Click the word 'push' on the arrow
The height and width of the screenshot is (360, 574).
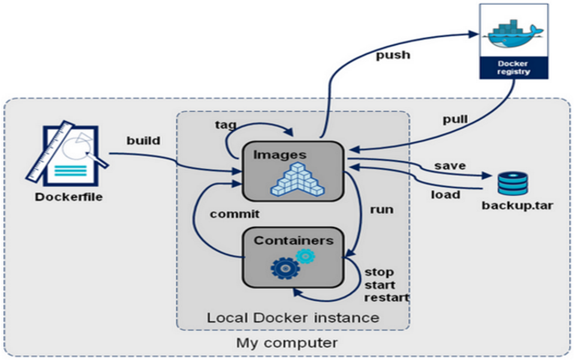pos(393,56)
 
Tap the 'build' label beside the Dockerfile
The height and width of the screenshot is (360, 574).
pos(143,141)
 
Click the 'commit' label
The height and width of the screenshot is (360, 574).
pos(235,214)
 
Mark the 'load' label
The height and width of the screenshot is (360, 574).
pos(446,194)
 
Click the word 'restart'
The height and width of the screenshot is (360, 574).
pos(387,297)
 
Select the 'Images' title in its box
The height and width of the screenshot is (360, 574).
pos(280,154)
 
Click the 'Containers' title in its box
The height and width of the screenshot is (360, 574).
pos(293,241)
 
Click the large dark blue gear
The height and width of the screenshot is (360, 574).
pos(286,268)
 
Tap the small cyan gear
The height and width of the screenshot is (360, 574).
pos(305,256)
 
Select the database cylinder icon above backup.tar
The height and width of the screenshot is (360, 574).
pos(512,183)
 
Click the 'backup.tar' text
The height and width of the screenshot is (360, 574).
pos(517,206)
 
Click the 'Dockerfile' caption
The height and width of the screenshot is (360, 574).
pos(69,196)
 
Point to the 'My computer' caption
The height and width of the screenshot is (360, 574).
pos(287,343)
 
